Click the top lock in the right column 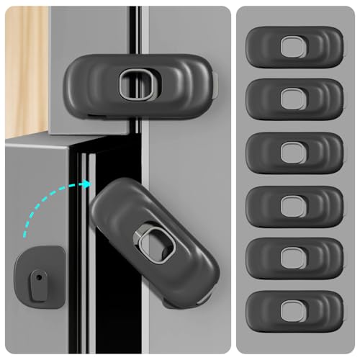coord(294,48)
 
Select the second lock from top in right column coord(294,99)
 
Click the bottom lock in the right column coord(294,311)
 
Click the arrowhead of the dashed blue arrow coord(86,184)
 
